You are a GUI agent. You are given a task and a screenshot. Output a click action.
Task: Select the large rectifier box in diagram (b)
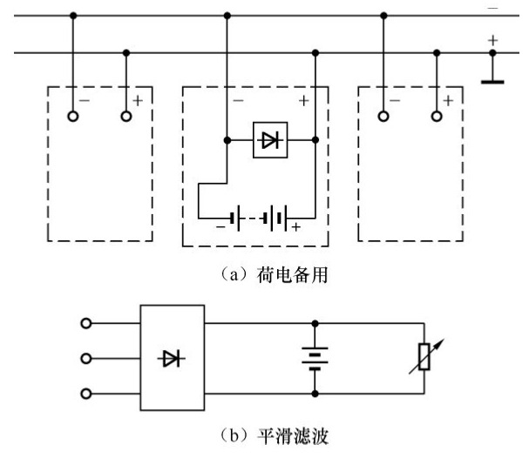tap(173, 357)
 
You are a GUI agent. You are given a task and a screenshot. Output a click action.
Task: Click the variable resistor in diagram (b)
tap(424, 359)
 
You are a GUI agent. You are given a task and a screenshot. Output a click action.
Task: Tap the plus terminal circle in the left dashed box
tap(127, 116)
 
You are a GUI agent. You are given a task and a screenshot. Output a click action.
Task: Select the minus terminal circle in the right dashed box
tap(383, 116)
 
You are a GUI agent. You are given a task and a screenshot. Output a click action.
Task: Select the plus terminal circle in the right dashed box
tap(437, 116)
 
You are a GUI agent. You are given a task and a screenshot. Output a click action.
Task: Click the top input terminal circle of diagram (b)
tap(85, 323)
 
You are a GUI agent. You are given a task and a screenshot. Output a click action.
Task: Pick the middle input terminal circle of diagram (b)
tap(85, 358)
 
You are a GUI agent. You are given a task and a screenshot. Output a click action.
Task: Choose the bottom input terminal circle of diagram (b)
tap(85, 393)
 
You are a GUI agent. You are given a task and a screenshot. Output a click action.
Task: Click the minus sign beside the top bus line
tap(493, 7)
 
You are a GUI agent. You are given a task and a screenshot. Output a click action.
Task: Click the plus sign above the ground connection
tap(493, 40)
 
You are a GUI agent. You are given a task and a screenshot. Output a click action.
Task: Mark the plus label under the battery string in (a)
tap(296, 228)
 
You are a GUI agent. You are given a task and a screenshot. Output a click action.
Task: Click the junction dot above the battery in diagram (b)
tap(315, 323)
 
